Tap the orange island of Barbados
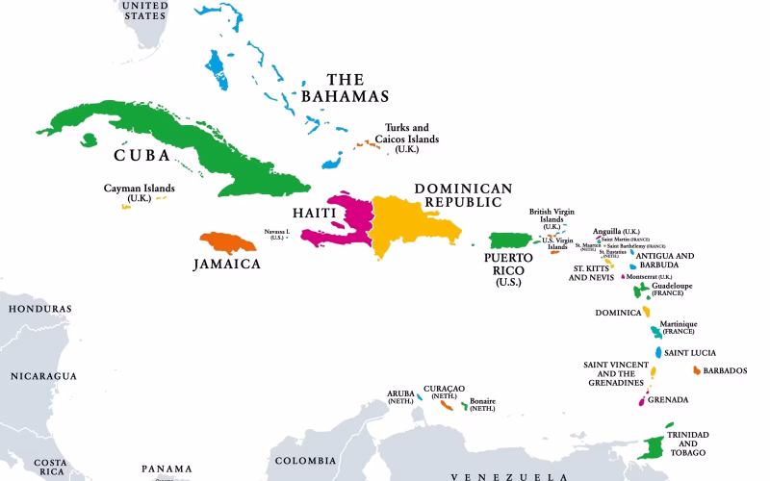695,369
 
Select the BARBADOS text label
725,370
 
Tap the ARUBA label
400,394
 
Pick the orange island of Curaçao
447,405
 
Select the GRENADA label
668,399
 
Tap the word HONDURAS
39,309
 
